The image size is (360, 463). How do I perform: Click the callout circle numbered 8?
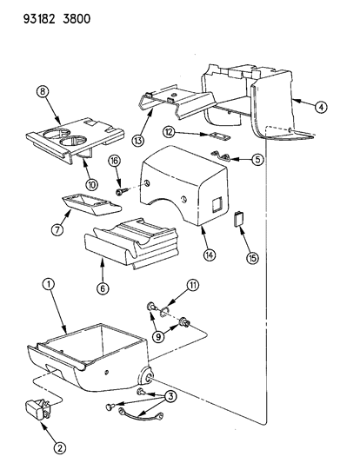click(x=43, y=91)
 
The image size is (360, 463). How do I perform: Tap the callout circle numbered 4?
click(x=321, y=107)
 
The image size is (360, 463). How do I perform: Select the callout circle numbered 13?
click(x=137, y=140)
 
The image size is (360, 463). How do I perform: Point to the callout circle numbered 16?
click(x=114, y=161)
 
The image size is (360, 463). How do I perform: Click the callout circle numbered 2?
click(x=60, y=448)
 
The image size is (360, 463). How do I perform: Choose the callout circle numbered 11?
click(x=193, y=285)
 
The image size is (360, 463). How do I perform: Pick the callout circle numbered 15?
click(x=252, y=258)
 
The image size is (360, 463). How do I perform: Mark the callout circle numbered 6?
click(x=103, y=288)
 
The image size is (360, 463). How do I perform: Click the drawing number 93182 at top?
click(x=39, y=19)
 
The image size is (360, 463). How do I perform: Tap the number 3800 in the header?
click(x=77, y=19)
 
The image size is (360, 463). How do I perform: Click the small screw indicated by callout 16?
click(x=122, y=192)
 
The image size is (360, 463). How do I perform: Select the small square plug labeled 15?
click(x=238, y=218)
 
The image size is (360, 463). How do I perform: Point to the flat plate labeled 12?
click(x=218, y=136)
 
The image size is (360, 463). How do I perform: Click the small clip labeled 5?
click(x=221, y=155)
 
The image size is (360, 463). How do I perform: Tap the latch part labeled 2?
click(x=38, y=409)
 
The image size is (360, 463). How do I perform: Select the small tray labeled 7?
click(x=91, y=203)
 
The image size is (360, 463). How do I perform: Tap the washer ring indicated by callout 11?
click(x=164, y=312)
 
